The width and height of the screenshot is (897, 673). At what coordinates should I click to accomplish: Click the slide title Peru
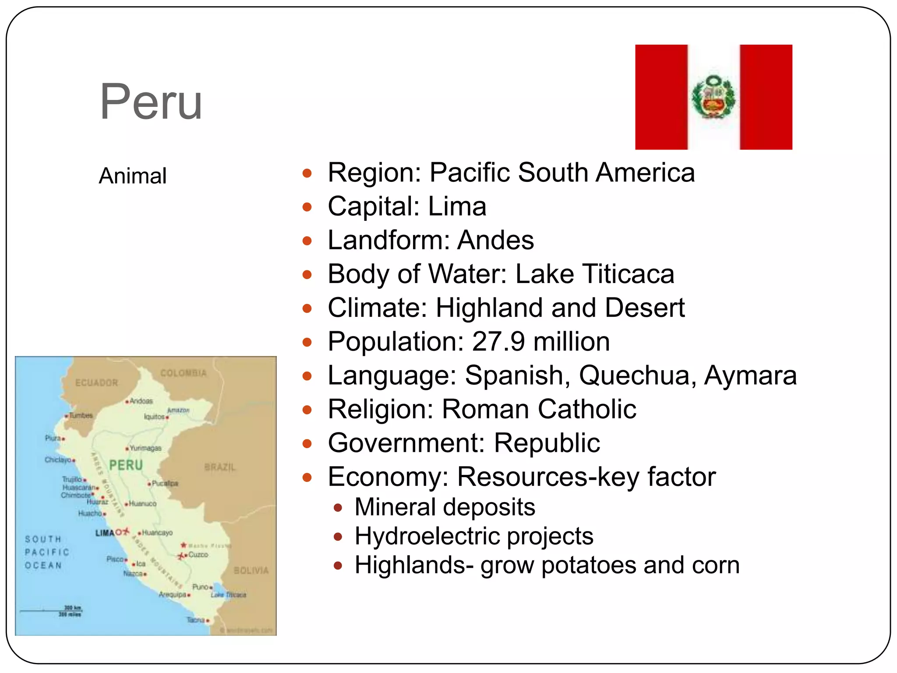(x=151, y=102)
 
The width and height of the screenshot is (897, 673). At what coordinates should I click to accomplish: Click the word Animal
(x=133, y=176)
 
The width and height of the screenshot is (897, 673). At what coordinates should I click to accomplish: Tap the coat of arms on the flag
(x=713, y=97)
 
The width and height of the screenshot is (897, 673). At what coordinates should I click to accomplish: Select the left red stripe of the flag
(x=661, y=97)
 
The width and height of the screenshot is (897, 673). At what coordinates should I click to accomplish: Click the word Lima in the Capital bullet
(x=457, y=206)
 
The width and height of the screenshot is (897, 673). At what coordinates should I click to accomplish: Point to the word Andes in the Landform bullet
(x=495, y=240)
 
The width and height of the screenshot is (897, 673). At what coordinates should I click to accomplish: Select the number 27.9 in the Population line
(x=498, y=341)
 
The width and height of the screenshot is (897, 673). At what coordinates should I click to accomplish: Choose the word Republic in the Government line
(x=547, y=443)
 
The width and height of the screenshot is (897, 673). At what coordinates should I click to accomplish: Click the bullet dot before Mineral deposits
(x=337, y=508)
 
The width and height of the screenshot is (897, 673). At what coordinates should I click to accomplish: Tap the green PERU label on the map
(x=126, y=465)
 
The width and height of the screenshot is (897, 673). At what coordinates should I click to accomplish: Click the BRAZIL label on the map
(x=220, y=467)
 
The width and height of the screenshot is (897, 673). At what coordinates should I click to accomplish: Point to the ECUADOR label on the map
(x=97, y=383)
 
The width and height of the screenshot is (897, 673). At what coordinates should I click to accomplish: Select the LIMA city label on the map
(x=105, y=533)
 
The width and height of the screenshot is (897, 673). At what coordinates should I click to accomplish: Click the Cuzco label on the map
(x=198, y=555)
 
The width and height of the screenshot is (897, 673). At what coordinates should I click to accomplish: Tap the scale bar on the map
(x=50, y=610)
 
